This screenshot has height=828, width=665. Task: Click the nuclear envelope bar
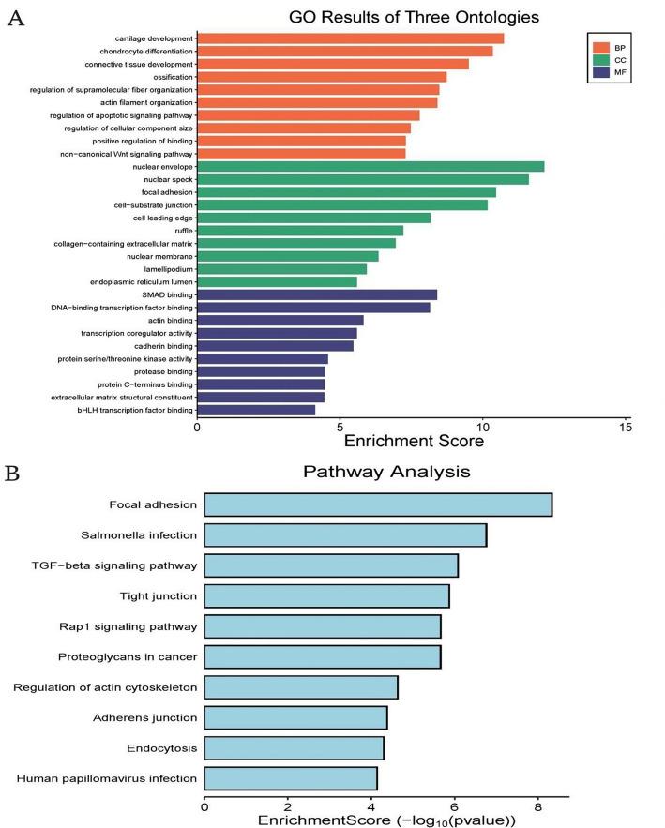click(x=370, y=166)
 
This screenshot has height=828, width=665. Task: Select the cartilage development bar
click(x=351, y=38)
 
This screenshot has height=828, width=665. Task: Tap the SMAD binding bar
click(x=317, y=294)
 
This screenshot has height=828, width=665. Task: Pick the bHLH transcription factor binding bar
click(x=256, y=410)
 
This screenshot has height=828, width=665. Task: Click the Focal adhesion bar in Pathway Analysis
click(x=378, y=504)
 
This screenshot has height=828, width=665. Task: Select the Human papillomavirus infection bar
click(x=291, y=778)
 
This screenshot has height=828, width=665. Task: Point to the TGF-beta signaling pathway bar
click(x=331, y=565)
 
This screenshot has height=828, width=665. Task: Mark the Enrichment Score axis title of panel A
click(x=415, y=439)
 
